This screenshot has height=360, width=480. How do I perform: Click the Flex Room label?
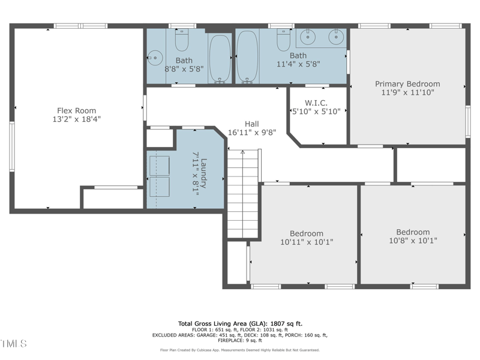pyautogui.click(x=76, y=110)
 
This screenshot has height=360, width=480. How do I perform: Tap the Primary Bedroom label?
pyautogui.click(x=407, y=84)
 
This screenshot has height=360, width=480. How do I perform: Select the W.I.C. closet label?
pyautogui.click(x=316, y=103)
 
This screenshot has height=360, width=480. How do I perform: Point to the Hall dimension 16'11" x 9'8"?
pyautogui.click(x=252, y=133)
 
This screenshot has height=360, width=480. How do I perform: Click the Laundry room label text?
pyautogui.click(x=203, y=173)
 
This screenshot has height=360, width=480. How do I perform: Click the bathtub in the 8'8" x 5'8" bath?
pyautogui.click(x=220, y=58)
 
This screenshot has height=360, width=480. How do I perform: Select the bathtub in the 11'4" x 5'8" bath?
pyautogui.click(x=247, y=56)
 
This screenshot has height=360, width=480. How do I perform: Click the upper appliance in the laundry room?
pyautogui.click(x=159, y=164)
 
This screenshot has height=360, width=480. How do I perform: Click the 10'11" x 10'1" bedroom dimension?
pyautogui.click(x=306, y=242)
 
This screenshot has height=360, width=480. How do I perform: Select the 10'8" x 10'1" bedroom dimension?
pyautogui.click(x=413, y=241)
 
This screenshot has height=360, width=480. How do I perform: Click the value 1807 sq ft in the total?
pyautogui.click(x=285, y=323)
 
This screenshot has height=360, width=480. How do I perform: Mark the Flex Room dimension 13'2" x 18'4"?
pyautogui.click(x=76, y=119)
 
